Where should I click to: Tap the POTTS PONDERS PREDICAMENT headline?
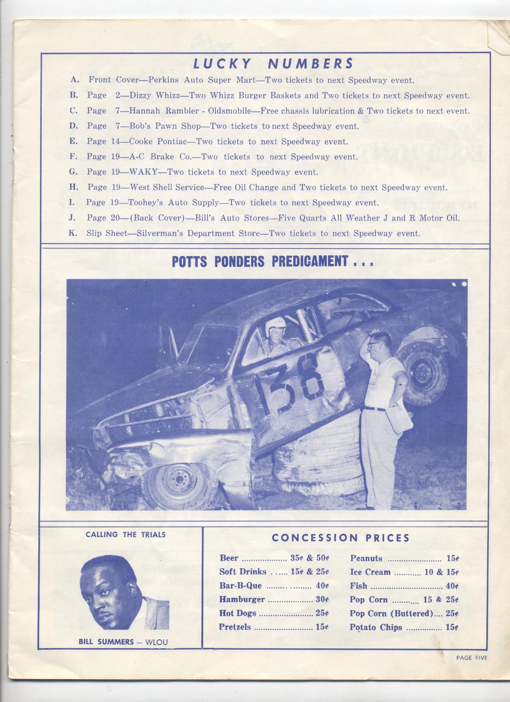273,261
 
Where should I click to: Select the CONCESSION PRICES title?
341,538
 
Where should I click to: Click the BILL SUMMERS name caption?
106,642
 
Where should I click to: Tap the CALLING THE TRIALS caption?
125,535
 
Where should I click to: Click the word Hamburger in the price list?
242,599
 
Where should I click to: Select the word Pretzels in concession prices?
235,627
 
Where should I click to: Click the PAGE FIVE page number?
471,658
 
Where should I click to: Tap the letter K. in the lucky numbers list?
73,233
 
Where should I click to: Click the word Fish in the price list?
359,586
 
